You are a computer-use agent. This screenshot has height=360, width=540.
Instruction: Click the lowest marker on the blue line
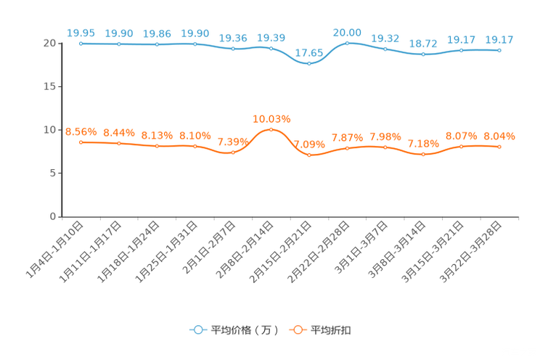coord(309,64)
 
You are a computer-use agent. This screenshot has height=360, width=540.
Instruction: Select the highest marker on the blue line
coord(348,43)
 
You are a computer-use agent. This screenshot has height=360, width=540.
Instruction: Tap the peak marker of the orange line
coord(271,129)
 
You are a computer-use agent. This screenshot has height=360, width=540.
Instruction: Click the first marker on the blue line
coord(81,44)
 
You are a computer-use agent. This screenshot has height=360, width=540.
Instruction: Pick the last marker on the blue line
coord(499,50)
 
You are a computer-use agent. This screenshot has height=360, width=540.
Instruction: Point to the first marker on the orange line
coord(81,142)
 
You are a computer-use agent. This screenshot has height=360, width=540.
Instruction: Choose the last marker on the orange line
coord(499,147)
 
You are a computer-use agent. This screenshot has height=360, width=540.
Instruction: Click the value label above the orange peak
coord(271,118)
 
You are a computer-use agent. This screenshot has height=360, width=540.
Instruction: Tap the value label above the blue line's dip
coord(309,53)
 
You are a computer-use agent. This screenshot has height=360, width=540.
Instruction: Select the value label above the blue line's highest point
coord(348,32)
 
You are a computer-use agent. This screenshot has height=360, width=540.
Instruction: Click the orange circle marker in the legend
coord(297,330)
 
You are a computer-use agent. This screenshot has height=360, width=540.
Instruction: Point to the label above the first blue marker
coord(81,33)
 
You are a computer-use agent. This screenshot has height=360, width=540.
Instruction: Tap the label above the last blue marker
coord(499,39)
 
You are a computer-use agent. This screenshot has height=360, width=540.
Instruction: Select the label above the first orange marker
coord(81,131)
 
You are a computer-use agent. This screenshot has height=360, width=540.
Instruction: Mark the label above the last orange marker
coord(499,136)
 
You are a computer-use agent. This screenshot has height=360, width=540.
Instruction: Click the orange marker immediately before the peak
coord(233,152)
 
